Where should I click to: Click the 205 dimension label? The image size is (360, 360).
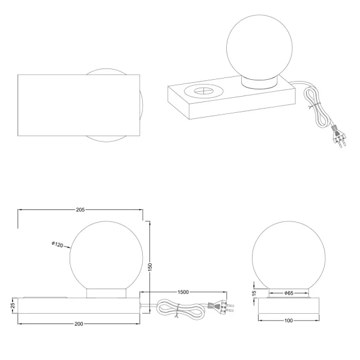point(80,210)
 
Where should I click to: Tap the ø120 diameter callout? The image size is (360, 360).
point(58,244)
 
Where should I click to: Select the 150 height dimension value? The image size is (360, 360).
point(152,265)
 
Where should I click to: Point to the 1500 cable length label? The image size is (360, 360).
point(184,292)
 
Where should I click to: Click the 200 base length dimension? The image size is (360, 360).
point(79,323)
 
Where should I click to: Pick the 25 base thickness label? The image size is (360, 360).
point(12,307)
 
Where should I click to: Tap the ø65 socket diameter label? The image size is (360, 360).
point(289,293)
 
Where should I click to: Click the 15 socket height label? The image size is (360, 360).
point(254,293)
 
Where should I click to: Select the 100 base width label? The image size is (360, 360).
point(289,320)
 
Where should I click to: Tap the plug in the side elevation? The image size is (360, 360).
point(219,307)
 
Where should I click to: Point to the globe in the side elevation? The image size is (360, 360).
point(106,254)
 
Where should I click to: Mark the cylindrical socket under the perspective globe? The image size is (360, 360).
point(259,83)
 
